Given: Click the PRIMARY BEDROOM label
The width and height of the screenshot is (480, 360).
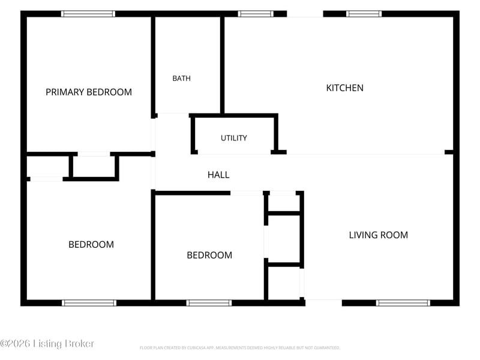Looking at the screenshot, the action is click(x=89, y=92).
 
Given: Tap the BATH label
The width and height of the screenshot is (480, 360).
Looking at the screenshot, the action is click(x=182, y=79).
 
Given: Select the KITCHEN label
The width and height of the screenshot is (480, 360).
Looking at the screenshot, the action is click(x=344, y=88).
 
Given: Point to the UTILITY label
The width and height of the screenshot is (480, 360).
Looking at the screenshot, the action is click(x=234, y=138).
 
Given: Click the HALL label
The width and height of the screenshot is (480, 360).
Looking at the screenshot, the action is click(x=218, y=175).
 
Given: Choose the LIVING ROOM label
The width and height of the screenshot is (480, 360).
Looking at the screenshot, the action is click(x=379, y=235).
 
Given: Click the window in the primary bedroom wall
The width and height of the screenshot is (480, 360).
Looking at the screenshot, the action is click(x=88, y=14).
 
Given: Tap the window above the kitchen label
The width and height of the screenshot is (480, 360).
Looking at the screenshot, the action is click(x=364, y=14).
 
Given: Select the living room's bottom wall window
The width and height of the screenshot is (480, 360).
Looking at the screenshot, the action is click(x=403, y=303).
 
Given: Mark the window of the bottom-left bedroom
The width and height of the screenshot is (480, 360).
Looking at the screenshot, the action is click(x=89, y=303).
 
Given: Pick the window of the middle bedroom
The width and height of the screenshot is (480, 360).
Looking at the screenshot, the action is click(x=209, y=303).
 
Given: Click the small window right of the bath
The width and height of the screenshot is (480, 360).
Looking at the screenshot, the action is click(x=256, y=14).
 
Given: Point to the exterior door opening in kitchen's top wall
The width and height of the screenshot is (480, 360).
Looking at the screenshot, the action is click(x=305, y=14).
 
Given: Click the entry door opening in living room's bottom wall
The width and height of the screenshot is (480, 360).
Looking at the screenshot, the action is click(x=323, y=303).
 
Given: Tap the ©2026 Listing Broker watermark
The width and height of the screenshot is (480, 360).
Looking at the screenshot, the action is click(x=47, y=343).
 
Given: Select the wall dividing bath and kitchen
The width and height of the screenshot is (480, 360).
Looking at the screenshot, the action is click(x=222, y=65).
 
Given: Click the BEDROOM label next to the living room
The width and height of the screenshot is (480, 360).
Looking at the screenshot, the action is click(x=209, y=256).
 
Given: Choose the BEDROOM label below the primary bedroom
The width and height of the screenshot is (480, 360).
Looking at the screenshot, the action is click(x=91, y=245).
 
